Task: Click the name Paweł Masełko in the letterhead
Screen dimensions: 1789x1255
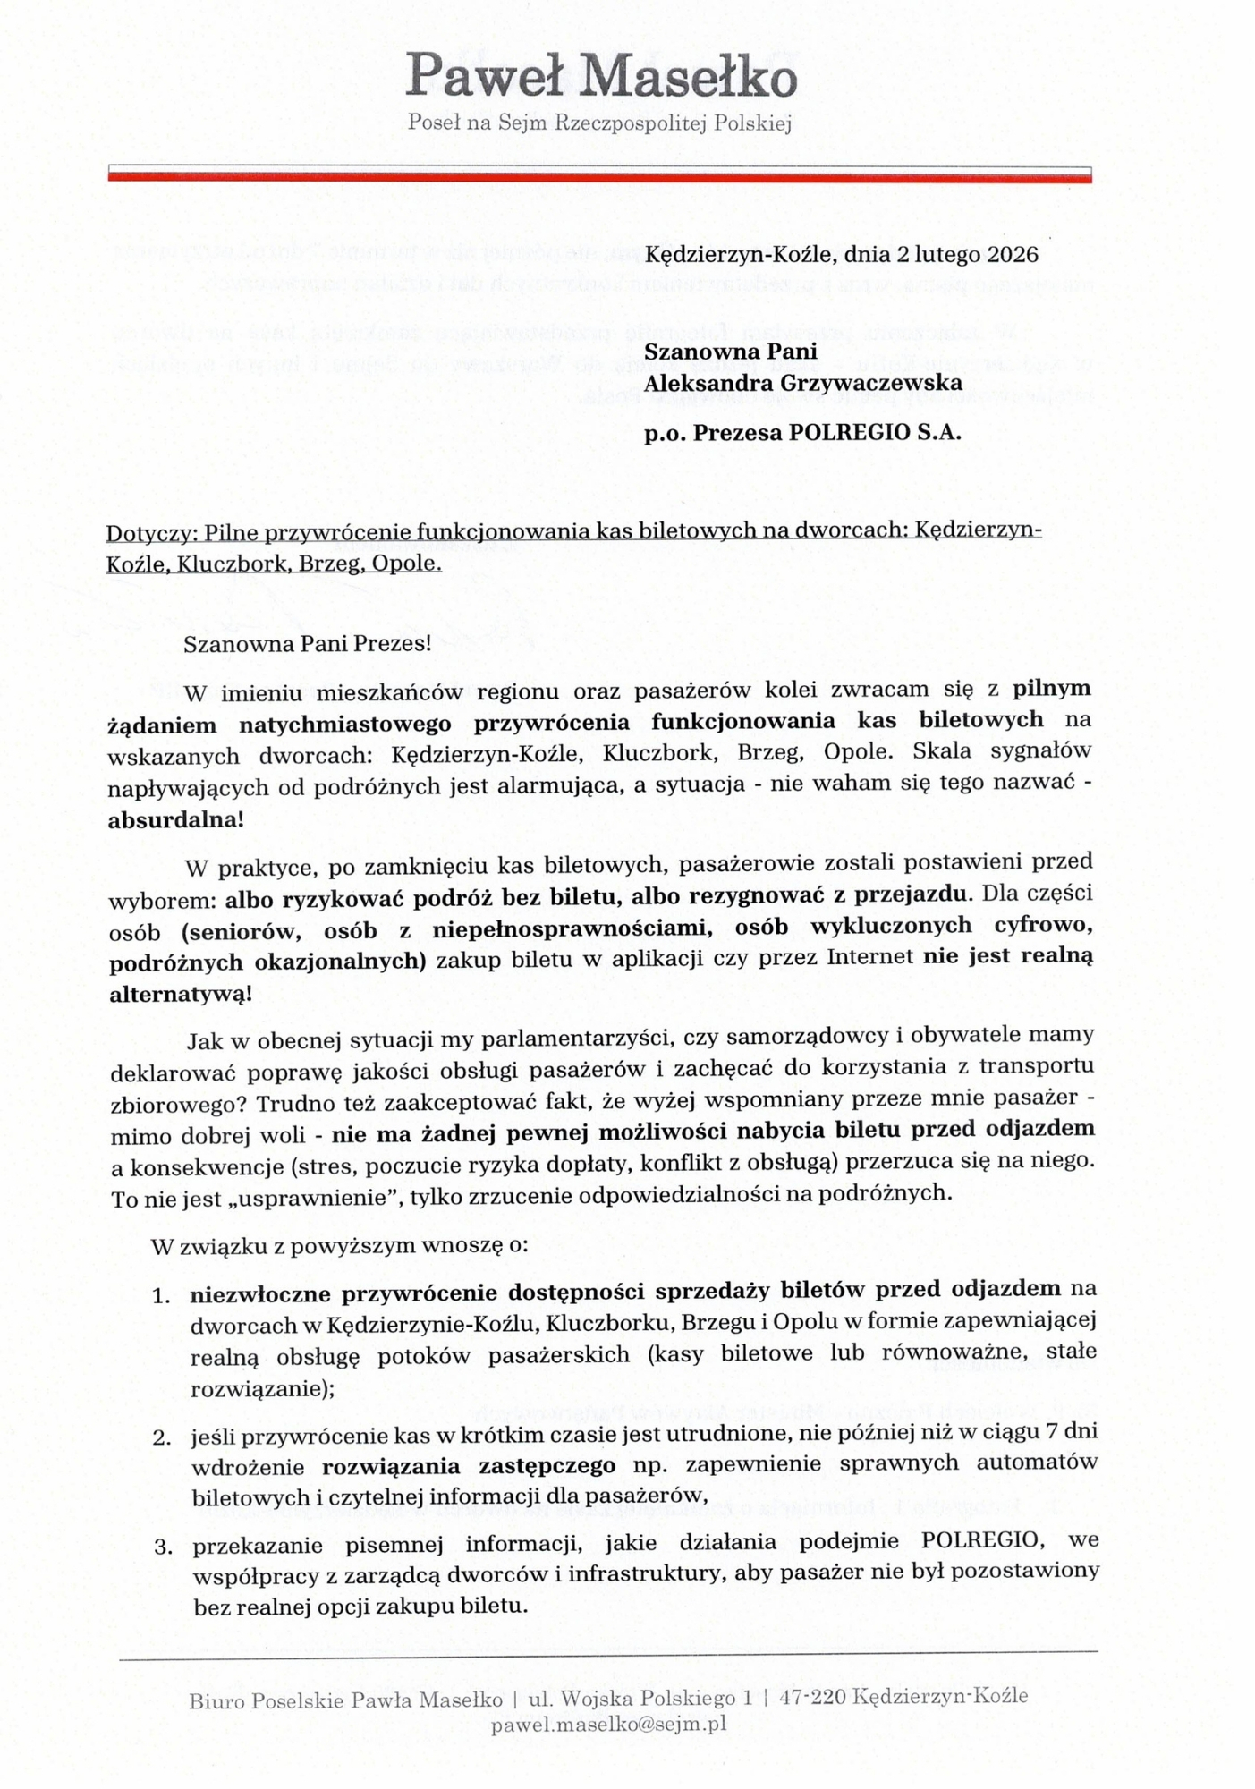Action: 601,76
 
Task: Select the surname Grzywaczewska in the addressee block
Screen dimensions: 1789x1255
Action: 859,383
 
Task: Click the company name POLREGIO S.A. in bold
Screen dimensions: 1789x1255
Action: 875,433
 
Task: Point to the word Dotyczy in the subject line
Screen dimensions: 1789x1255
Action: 150,533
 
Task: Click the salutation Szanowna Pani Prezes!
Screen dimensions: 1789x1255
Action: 307,644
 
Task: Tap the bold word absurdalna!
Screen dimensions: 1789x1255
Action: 175,819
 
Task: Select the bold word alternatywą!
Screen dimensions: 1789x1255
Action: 180,994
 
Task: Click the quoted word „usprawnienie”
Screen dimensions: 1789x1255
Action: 314,1198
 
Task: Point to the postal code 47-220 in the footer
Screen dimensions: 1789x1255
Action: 812,1695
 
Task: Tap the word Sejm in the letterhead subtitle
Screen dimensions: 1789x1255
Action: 523,123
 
